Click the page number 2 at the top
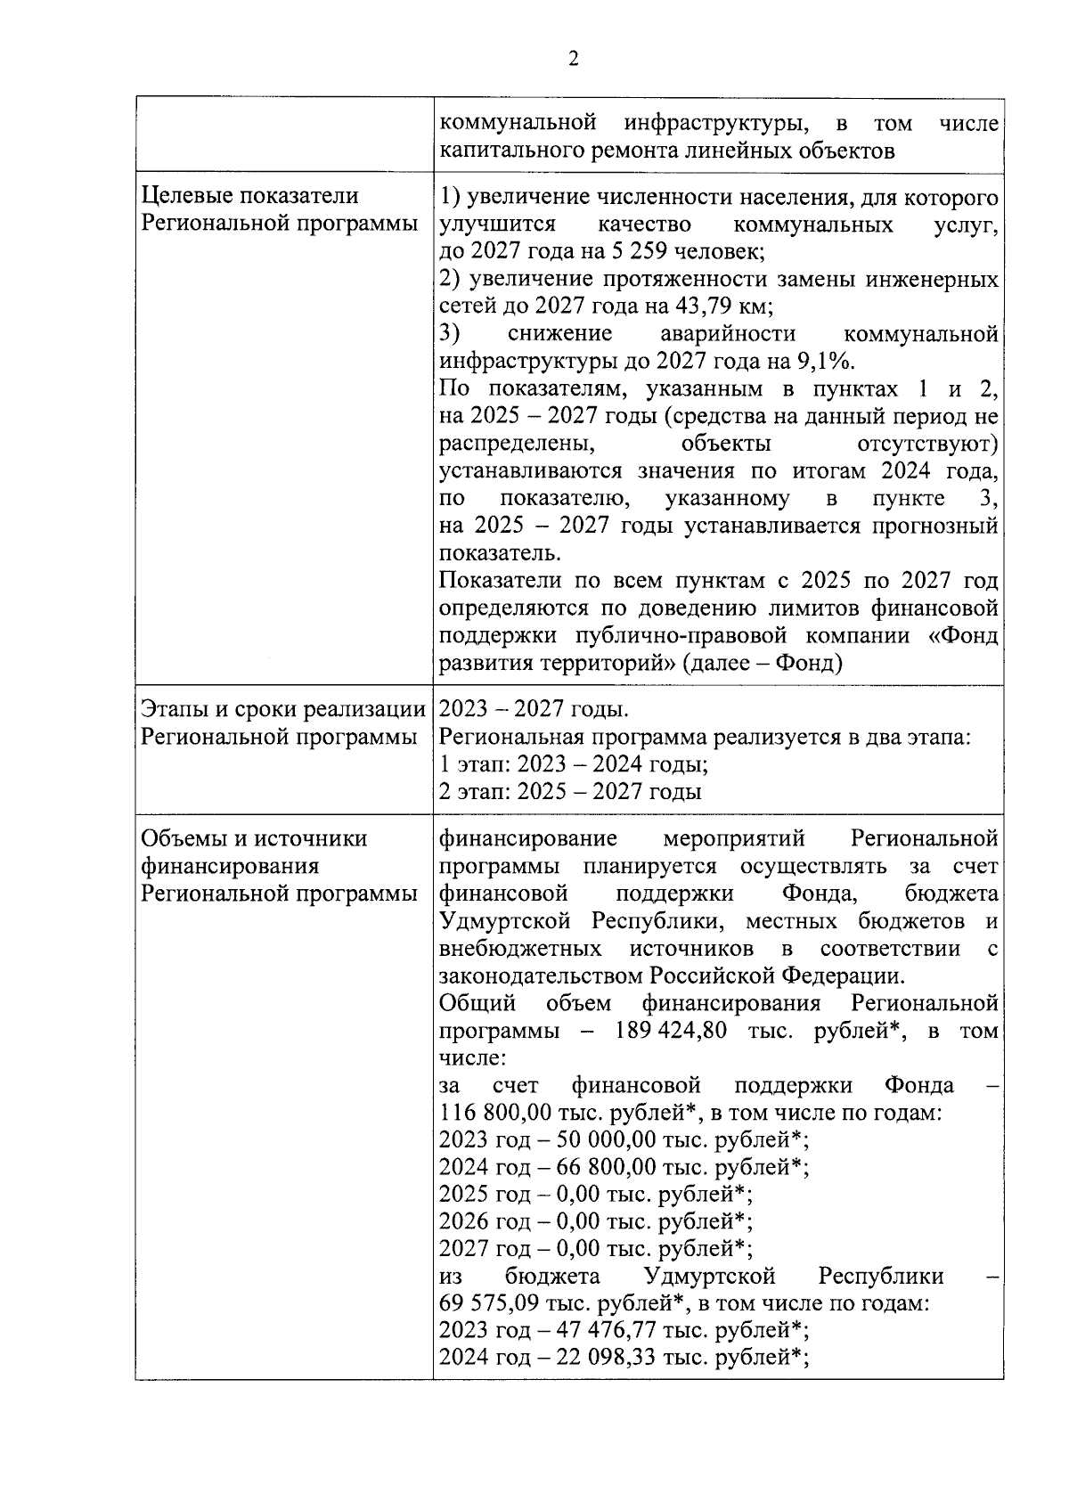[572, 59]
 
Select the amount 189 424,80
[671, 1031]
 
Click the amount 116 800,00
[495, 1113]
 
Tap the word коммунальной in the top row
[518, 122]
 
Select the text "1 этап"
[474, 765]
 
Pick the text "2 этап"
[474, 793]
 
